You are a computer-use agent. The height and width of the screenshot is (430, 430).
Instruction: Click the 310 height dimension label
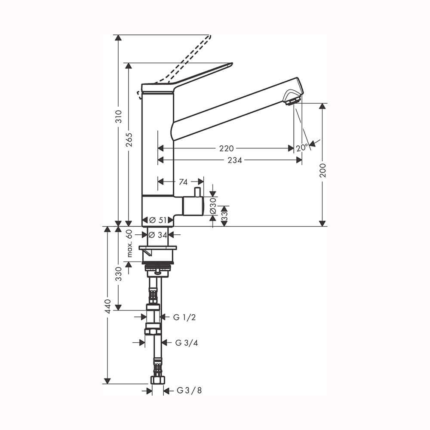pyautogui.click(x=119, y=116)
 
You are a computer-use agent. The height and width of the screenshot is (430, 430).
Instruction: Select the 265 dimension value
pyautogui.click(x=129, y=140)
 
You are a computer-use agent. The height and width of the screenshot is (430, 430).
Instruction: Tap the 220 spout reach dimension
pyautogui.click(x=227, y=149)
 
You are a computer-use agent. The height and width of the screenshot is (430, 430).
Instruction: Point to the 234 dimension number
pyautogui.click(x=235, y=160)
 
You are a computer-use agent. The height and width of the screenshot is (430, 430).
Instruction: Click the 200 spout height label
pyautogui.click(x=323, y=170)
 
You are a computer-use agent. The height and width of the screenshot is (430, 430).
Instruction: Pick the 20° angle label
pyautogui.click(x=302, y=148)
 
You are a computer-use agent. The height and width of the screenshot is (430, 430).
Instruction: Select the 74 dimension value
pyautogui.click(x=183, y=182)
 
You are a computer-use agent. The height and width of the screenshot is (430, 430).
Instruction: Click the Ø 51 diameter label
pyautogui.click(x=158, y=220)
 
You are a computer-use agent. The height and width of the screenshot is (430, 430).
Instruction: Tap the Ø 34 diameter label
pyautogui.click(x=158, y=235)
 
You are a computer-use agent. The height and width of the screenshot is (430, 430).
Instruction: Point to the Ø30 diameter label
pyautogui.click(x=213, y=206)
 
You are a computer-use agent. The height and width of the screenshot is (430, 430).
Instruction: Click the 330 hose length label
pyautogui.click(x=119, y=273)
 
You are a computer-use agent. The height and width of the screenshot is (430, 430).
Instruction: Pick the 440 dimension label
pyautogui.click(x=108, y=306)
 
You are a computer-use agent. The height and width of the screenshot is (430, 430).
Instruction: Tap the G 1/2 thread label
pyautogui.click(x=184, y=317)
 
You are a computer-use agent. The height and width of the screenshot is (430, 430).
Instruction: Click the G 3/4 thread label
pyautogui.click(x=187, y=343)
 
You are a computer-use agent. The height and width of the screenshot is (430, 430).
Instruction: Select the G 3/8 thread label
pyautogui.click(x=189, y=390)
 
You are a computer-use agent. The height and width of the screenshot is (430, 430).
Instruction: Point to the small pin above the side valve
pyautogui.click(x=197, y=192)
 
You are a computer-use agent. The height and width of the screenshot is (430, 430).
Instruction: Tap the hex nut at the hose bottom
pyautogui.click(x=158, y=380)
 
